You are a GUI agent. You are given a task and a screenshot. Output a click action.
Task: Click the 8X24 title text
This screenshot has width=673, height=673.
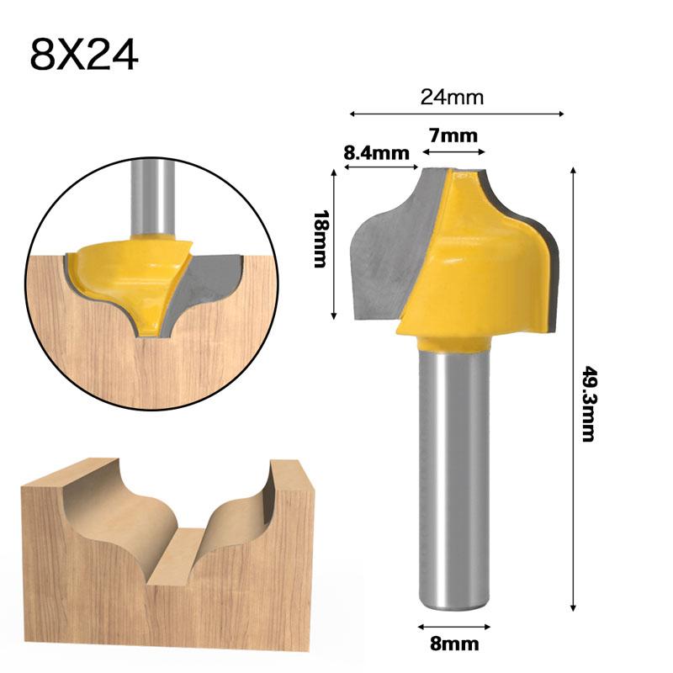point(84,56)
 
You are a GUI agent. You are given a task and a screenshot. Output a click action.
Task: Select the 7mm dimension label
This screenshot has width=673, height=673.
point(453,135)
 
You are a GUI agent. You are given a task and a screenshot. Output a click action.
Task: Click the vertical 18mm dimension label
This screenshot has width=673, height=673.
point(319,239)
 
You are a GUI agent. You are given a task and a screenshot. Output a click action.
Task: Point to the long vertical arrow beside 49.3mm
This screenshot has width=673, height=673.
point(574,387)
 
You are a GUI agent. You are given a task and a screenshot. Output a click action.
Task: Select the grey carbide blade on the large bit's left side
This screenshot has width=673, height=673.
point(383,252)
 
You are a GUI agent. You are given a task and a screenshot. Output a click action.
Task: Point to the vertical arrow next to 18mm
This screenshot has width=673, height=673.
point(336,244)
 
